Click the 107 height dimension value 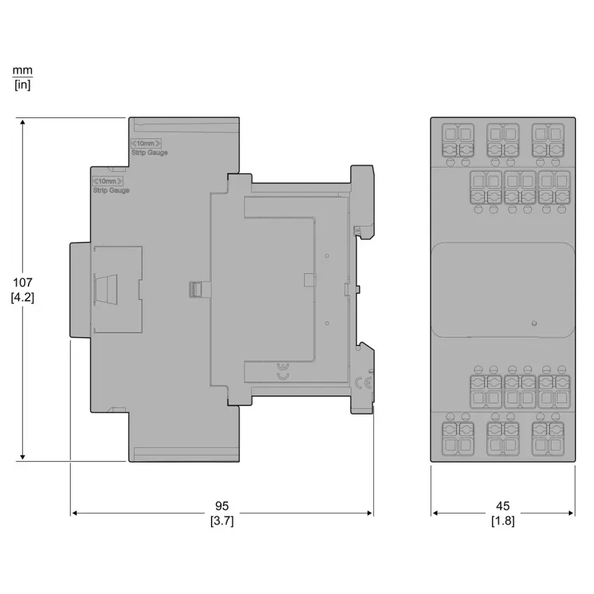[23, 282]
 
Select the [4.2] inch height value [23, 298]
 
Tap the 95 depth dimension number [222, 506]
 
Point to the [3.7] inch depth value [222, 521]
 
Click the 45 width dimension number [502, 506]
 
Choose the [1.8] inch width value [502, 521]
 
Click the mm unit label [23, 71]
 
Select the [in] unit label [23, 85]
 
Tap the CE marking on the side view [363, 384]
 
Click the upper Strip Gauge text [150, 152]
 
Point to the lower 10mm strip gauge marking [108, 181]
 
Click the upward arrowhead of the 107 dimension [23, 122]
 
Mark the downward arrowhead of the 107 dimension [23, 457]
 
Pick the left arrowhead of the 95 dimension [75, 513]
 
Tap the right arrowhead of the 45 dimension [571, 513]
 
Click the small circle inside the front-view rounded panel [534, 324]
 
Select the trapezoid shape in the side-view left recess [106, 289]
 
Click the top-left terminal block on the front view [458, 140]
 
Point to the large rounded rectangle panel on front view [503, 290]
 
